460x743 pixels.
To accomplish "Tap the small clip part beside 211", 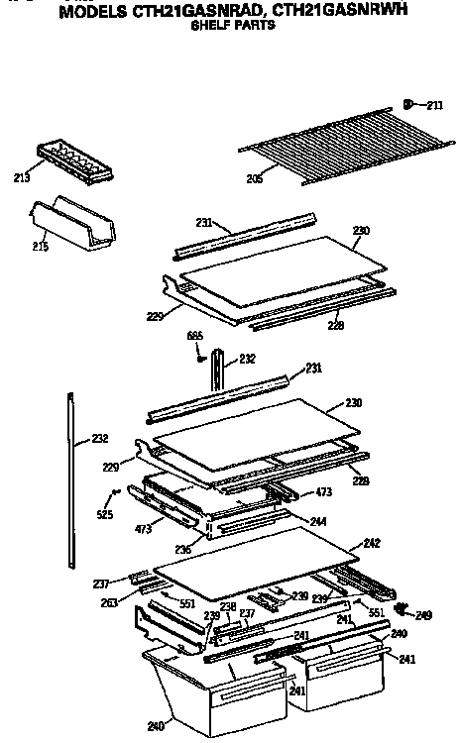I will [408, 102].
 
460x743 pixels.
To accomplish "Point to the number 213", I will [21, 178].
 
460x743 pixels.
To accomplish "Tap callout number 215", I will [41, 245].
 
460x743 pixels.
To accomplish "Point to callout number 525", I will [105, 514].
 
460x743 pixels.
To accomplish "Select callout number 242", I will [372, 542].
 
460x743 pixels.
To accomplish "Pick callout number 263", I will [110, 602].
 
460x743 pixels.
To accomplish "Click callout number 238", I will [227, 606].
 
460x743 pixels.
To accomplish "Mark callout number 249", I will [424, 615].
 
